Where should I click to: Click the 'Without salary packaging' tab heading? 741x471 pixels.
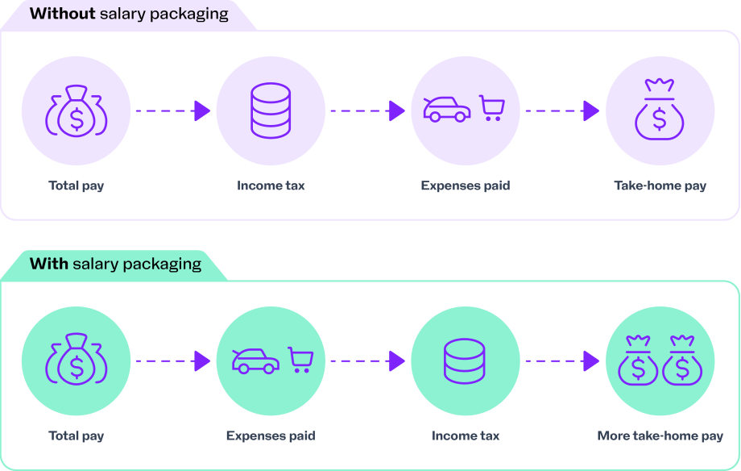129,14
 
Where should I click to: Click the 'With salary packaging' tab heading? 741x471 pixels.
115,264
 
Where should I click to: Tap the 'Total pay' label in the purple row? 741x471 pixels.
77,185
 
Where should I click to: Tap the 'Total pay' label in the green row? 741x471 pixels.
77,436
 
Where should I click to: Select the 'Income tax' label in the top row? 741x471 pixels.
271,185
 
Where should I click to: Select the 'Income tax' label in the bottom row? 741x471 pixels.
466,436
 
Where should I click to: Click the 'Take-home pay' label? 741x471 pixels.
660,185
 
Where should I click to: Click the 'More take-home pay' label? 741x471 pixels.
660,436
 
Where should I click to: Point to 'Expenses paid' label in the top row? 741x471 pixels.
466,185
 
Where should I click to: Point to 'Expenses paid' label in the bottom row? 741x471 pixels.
271,436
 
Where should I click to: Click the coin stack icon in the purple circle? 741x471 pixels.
271,110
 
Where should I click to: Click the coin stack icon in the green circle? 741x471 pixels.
466,361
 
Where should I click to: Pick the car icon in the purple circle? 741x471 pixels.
447,110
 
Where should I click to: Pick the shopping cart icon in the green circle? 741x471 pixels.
301,360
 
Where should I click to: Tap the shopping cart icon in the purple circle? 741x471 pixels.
491,108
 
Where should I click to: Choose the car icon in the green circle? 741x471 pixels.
255,361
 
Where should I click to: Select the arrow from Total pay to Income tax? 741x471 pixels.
172,110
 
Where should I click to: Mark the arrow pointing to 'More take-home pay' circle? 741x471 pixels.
562,361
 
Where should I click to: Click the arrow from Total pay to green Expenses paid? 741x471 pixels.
172,361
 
